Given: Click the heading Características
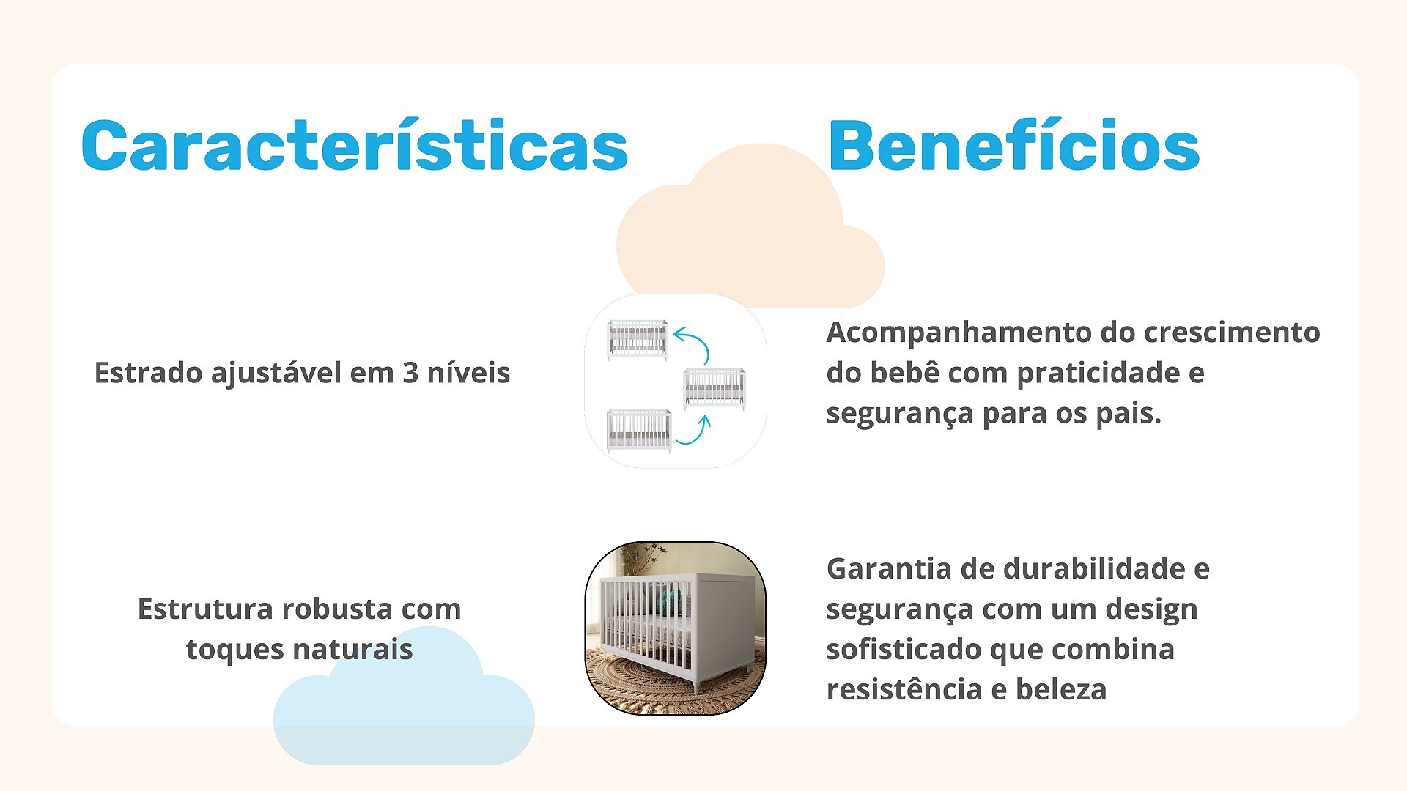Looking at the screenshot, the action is [x=355, y=145].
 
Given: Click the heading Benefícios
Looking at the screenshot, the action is [x=1013, y=145].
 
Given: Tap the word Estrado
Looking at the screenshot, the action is [x=149, y=373].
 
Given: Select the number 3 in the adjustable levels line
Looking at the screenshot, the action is [x=410, y=374].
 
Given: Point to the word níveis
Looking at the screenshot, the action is [x=469, y=373].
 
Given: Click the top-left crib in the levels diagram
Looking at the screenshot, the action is [x=638, y=339].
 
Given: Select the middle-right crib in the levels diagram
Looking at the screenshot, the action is [x=714, y=388].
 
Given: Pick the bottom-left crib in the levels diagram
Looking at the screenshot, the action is [x=639, y=431].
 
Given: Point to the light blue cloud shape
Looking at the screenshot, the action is [x=404, y=704].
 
